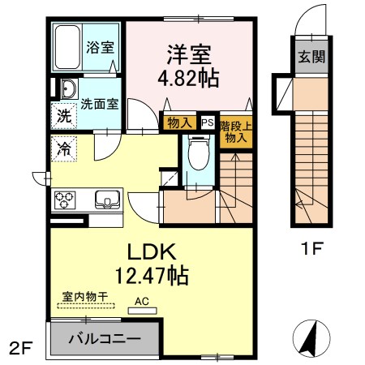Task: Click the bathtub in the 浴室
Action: pyautogui.click(x=67, y=47)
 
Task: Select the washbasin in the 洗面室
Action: pyautogui.click(x=69, y=88)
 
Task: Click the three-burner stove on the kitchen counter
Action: pyautogui.click(x=65, y=200)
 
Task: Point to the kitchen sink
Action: pyautogui.click(x=107, y=200)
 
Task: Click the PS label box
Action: pyautogui.click(x=208, y=122)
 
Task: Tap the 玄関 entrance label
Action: pyautogui.click(x=311, y=57)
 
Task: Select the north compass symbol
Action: pyautogui.click(x=311, y=338)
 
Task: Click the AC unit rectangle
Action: pyautogui.click(x=143, y=311)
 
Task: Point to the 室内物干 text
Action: pyautogui.click(x=85, y=297)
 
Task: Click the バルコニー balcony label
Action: pyautogui.click(x=105, y=338)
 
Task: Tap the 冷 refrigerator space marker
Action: pyautogui.click(x=64, y=148)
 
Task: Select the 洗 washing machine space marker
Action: pyautogui.click(x=64, y=116)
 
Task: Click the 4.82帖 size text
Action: pyautogui.click(x=188, y=78)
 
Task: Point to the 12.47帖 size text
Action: pyautogui.click(x=152, y=276)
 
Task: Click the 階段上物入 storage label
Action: pyautogui.click(x=236, y=132)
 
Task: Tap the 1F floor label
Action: pyautogui.click(x=312, y=248)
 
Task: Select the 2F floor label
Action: pyautogui.click(x=21, y=348)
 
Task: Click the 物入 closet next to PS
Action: pyautogui.click(x=179, y=123)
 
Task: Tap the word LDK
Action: pyautogui.click(x=152, y=251)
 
